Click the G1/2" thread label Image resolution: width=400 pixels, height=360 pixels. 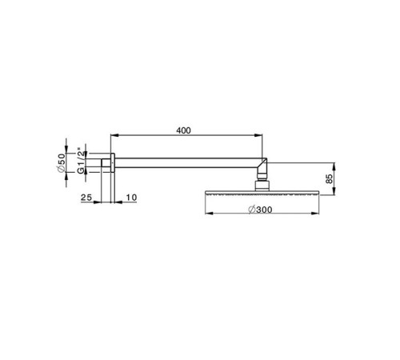pyautogui.click(x=82, y=166)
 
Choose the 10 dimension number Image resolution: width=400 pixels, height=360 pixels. pyautogui.click(x=131, y=198)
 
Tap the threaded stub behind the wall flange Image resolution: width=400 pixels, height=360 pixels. pyautogui.click(x=106, y=166)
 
